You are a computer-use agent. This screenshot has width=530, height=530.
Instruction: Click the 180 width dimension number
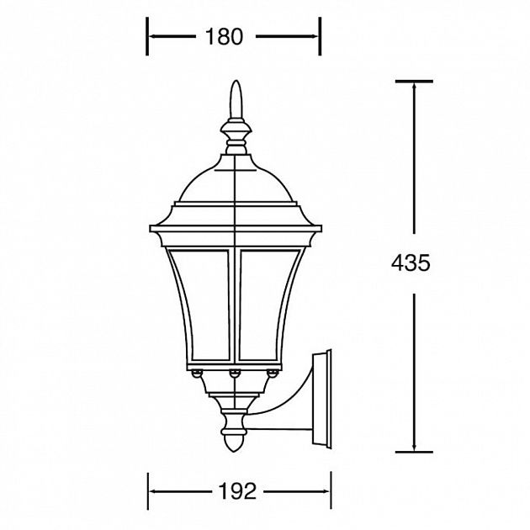224,36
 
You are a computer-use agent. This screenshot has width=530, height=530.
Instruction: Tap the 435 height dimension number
411,262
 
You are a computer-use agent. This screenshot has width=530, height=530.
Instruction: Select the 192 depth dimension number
237,490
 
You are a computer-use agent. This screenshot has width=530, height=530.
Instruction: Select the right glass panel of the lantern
269,305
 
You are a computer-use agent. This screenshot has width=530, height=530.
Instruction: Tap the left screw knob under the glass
196,374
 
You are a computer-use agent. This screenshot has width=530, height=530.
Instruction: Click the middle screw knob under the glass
235,374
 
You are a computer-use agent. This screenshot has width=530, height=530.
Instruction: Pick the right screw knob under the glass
273,374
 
